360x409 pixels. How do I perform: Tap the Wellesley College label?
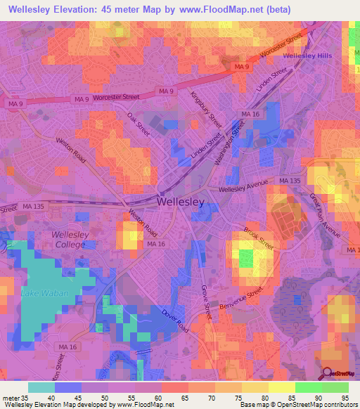click(68, 240)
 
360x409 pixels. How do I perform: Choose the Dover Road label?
click(176, 320)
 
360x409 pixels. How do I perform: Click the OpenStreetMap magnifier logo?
click(328, 373)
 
